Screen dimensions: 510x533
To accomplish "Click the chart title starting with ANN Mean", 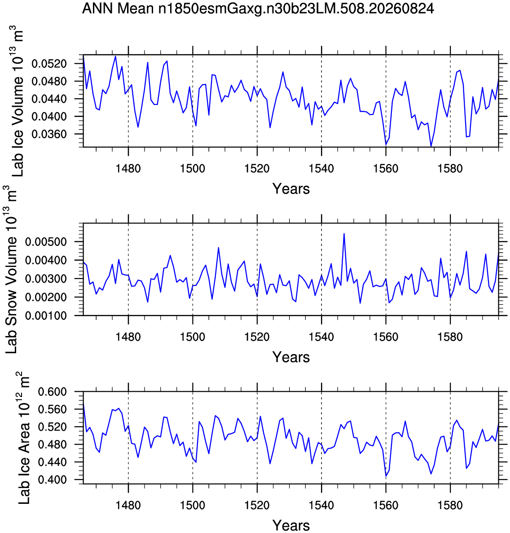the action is (258, 8).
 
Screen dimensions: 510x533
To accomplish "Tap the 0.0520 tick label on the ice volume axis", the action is (49, 64).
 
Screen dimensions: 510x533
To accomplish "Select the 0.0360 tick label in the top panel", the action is (49, 134).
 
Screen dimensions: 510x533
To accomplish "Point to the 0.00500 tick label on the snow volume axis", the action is (46, 242).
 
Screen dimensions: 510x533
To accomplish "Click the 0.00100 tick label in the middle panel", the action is (46, 316).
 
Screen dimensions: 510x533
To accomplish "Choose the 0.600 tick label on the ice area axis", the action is (52, 392).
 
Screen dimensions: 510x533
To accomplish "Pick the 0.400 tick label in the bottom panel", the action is (52, 480).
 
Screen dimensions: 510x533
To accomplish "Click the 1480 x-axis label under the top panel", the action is (128, 168).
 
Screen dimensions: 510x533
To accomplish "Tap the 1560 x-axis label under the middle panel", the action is (386, 337).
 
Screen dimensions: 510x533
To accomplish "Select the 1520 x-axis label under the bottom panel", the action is (257, 505).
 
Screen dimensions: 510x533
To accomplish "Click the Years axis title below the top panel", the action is (291, 188).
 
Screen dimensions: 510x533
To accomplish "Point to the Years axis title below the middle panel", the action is (291, 357).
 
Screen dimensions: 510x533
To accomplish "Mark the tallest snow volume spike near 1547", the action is (344, 234).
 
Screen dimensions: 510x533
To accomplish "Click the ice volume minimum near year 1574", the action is (431, 146).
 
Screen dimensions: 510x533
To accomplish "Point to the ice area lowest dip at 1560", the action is (386, 476).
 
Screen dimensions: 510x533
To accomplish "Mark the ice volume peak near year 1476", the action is (115, 57).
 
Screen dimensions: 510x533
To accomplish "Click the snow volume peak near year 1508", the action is (219, 248).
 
